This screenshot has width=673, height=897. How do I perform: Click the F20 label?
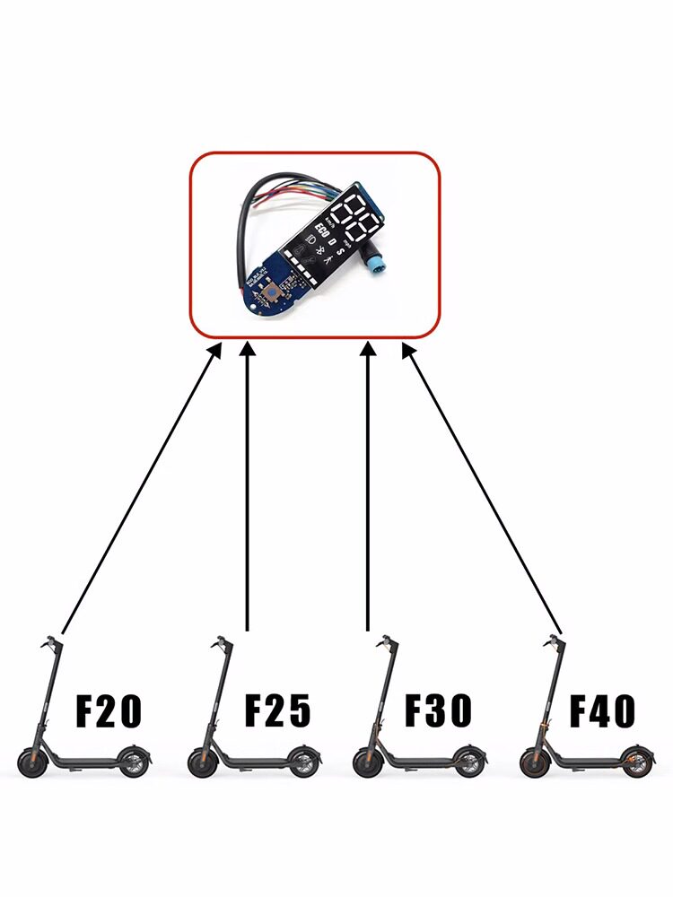109,711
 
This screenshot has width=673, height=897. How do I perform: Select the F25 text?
278,711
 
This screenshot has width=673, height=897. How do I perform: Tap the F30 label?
438,710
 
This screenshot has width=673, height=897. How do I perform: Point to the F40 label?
603,711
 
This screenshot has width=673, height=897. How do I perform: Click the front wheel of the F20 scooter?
32,764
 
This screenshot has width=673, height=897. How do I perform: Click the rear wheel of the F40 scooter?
638,762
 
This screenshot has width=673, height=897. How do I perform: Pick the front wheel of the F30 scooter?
366,764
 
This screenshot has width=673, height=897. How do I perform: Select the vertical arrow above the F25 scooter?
247,484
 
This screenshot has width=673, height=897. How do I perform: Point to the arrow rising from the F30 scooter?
368,484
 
